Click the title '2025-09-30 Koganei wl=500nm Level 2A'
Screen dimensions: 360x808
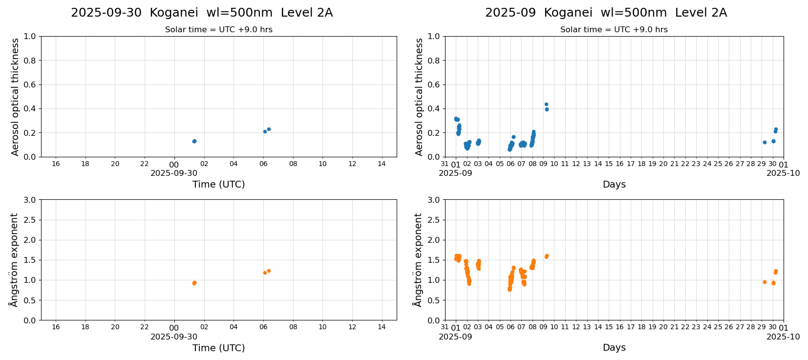pyautogui.click(x=202, y=13)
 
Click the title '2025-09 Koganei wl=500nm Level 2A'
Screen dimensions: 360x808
pyautogui.click(x=606, y=13)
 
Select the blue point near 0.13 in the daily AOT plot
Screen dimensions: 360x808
pyautogui.click(x=194, y=141)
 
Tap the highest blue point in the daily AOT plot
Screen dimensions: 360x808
pyautogui.click(x=269, y=129)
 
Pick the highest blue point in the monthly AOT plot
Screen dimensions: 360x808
pyautogui.click(x=546, y=104)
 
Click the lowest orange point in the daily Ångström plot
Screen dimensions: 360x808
pyautogui.click(x=194, y=283)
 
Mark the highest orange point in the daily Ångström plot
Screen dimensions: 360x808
pyautogui.click(x=269, y=271)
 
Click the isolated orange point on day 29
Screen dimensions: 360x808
pyautogui.click(x=765, y=282)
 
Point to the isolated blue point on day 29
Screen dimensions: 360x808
pyautogui.click(x=765, y=142)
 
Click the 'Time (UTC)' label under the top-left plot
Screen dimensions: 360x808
pyautogui.click(x=218, y=184)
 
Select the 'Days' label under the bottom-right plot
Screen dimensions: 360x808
pyautogui.click(x=614, y=347)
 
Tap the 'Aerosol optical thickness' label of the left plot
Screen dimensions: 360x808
pyautogui.click(x=15, y=97)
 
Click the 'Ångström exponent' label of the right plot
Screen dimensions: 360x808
pyautogui.click(x=418, y=260)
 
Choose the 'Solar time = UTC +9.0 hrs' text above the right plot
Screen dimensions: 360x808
pyautogui.click(x=614, y=30)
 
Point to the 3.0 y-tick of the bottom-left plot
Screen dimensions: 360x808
pyautogui.click(x=30, y=200)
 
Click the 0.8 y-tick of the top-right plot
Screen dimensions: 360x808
pyautogui.click(x=434, y=61)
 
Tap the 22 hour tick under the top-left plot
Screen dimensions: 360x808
pyautogui.click(x=145, y=164)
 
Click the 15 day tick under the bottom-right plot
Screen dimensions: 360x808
pyautogui.click(x=609, y=327)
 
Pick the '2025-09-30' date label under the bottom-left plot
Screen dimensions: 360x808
pyautogui.click(x=174, y=337)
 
